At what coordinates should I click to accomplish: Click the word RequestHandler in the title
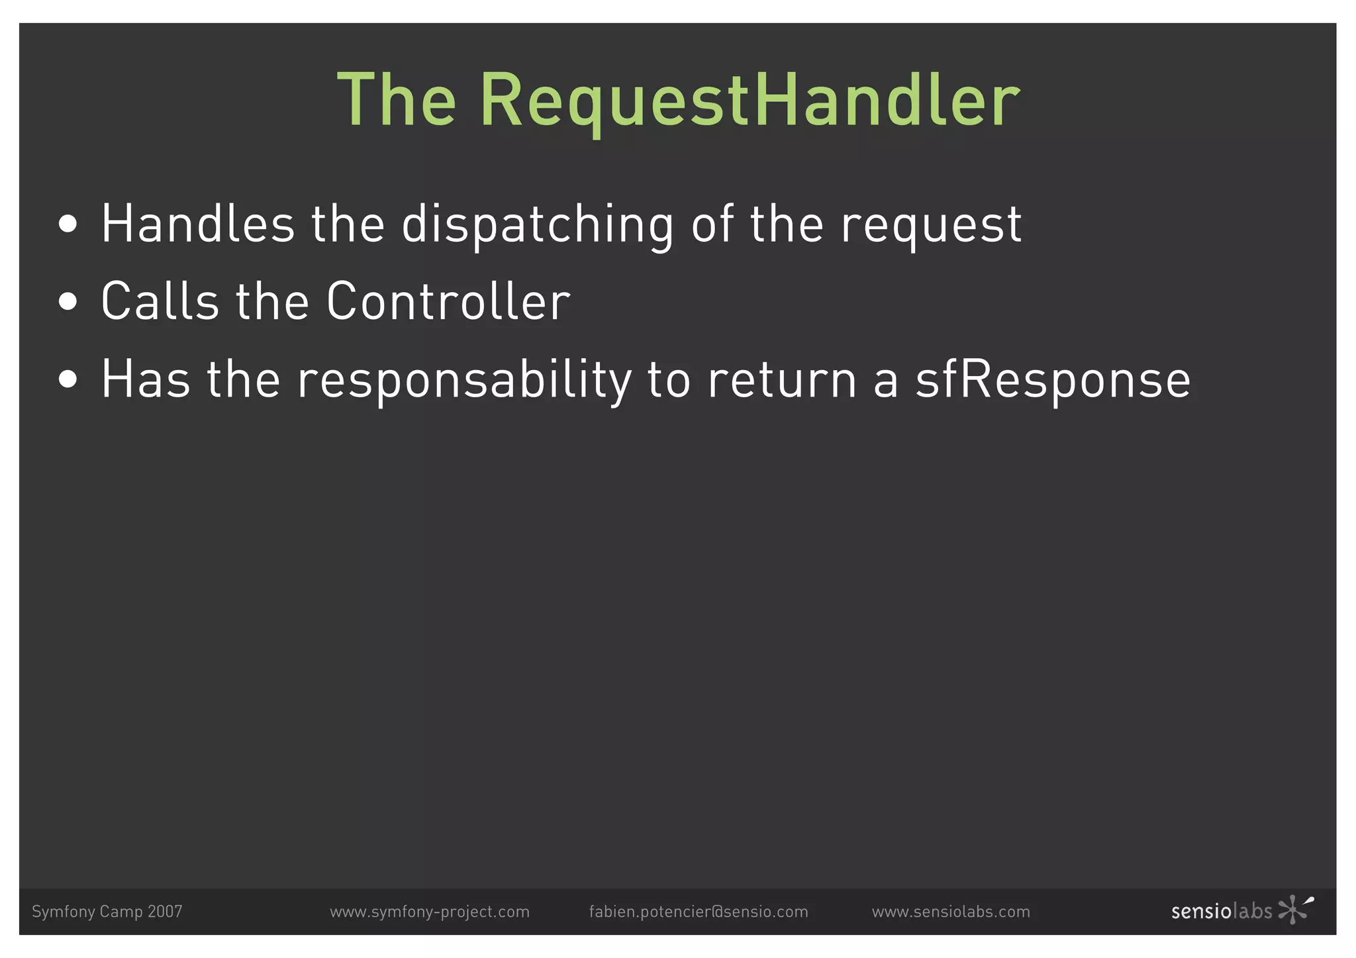coord(749,101)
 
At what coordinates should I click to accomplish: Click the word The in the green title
coord(397,100)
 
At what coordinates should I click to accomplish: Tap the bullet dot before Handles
coord(68,224)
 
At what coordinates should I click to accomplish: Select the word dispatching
coord(538,225)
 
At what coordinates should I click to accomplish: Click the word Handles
coord(198,224)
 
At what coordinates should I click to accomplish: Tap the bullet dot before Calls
coord(68,302)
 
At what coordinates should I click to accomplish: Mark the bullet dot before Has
coord(68,379)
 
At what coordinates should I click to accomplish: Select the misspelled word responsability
coord(464,381)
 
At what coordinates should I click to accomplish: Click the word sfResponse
coord(1053,380)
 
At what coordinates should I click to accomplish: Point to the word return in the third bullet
coord(782,380)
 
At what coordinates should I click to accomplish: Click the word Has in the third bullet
coord(146,379)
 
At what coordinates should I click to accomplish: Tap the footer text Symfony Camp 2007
coord(107,912)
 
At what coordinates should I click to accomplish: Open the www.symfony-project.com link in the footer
coord(430,912)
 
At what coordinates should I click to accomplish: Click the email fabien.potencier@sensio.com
coord(699,912)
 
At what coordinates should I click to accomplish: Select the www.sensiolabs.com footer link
coord(951,912)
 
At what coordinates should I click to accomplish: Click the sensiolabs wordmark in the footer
coord(1222,912)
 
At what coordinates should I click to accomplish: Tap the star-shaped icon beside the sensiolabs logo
coord(1294,909)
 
